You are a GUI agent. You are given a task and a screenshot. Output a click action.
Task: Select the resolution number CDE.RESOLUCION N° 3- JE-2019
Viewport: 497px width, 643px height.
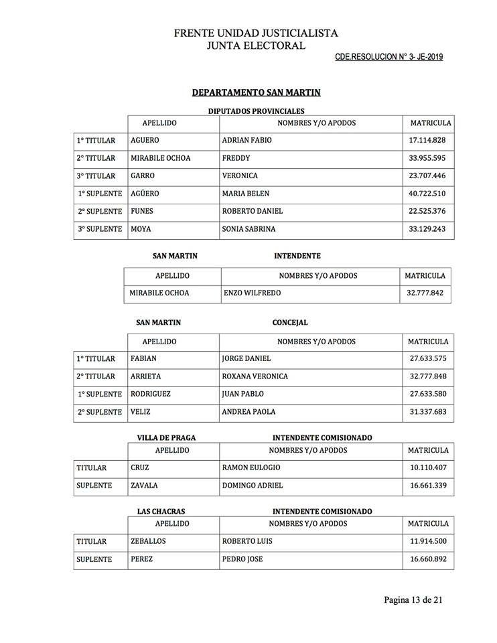388,58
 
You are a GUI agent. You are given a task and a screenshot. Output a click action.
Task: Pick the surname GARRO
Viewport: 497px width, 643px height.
143,175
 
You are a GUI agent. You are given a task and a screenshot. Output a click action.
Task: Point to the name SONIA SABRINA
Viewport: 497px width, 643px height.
248,229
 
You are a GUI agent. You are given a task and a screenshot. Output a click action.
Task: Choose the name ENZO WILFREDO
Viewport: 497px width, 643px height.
251,293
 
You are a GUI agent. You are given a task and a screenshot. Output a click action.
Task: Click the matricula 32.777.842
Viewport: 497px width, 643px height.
425,293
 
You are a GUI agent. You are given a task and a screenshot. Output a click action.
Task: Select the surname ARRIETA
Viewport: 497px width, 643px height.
147,376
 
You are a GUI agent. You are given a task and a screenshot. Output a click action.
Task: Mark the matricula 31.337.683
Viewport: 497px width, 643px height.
428,412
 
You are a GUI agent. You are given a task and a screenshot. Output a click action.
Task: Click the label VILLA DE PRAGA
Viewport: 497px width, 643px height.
166,438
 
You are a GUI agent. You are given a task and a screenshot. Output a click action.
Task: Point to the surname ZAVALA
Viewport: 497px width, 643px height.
145,485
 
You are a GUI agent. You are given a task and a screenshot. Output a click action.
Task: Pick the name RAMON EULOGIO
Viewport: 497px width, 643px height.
251,468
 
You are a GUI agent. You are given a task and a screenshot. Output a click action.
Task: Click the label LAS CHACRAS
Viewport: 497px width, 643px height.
161,512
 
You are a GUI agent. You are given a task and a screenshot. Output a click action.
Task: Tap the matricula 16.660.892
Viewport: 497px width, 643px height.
428,559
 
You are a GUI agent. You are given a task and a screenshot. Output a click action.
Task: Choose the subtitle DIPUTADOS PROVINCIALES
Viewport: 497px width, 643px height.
257,111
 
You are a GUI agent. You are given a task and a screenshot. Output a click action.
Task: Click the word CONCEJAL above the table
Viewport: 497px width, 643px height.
290,323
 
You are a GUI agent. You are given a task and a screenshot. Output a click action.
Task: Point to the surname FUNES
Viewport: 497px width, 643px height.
143,211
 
